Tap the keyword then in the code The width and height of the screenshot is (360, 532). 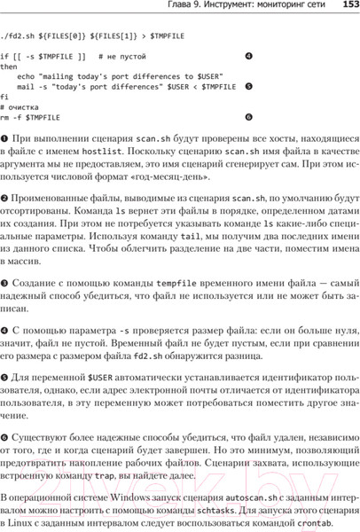point(9,66)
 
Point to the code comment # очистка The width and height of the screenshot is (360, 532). point(22,106)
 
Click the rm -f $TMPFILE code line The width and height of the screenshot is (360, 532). point(30,116)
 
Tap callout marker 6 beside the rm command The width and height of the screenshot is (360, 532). point(248,116)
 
